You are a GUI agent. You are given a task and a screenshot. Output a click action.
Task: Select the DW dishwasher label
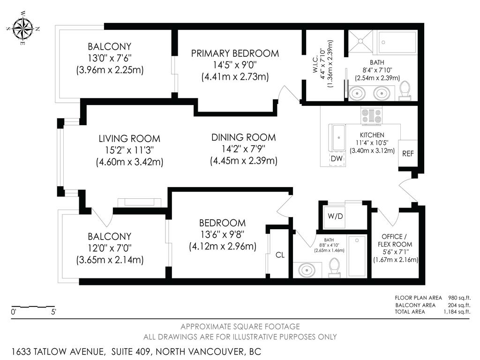(337, 159)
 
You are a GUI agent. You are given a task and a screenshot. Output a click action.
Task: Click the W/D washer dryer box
(335, 217)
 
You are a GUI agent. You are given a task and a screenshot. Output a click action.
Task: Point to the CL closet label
(280, 255)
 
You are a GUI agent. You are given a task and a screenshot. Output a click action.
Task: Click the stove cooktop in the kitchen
(372, 116)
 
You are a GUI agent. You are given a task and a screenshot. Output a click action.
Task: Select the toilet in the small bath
(334, 267)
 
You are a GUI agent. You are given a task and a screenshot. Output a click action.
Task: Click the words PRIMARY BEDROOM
(234, 53)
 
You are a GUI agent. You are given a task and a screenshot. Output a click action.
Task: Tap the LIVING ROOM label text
(129, 139)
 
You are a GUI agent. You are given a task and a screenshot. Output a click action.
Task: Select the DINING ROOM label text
(243, 137)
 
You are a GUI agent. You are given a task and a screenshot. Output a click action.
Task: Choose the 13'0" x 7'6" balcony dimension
(109, 58)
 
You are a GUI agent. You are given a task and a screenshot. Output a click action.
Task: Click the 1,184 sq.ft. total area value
(455, 312)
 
